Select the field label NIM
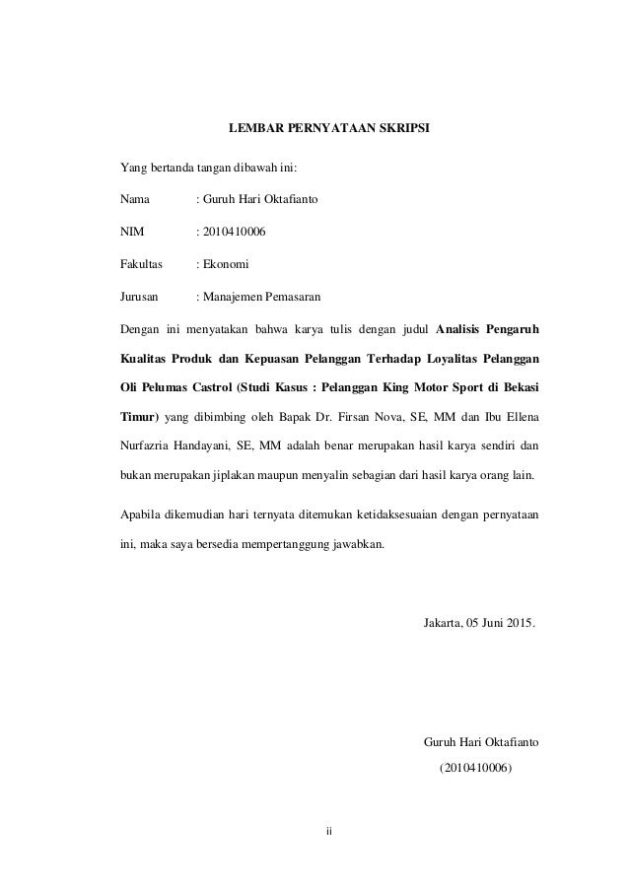pyautogui.click(x=131, y=232)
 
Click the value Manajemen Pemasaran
pyautogui.click(x=261, y=297)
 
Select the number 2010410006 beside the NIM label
pyautogui.click(x=234, y=232)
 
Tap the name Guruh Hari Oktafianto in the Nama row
pyautogui.click(x=259, y=199)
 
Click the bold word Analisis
pyautogui.click(x=461, y=328)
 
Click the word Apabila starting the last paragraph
pyautogui.click(x=139, y=514)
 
